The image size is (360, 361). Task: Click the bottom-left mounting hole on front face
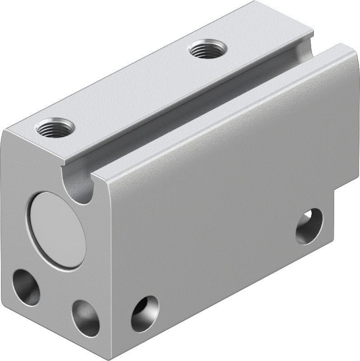26,287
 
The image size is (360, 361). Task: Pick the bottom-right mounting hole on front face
85,318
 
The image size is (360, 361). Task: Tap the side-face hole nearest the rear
309,225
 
